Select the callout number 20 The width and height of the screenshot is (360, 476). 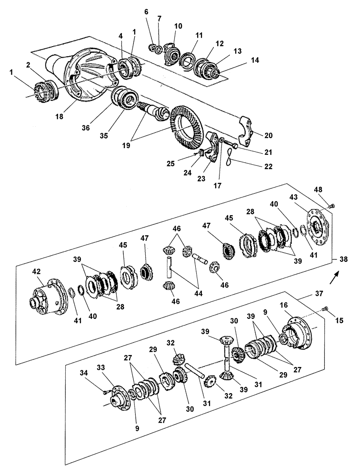point(269,135)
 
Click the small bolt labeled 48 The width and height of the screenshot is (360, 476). point(332,206)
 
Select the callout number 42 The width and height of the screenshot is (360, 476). point(36,272)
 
